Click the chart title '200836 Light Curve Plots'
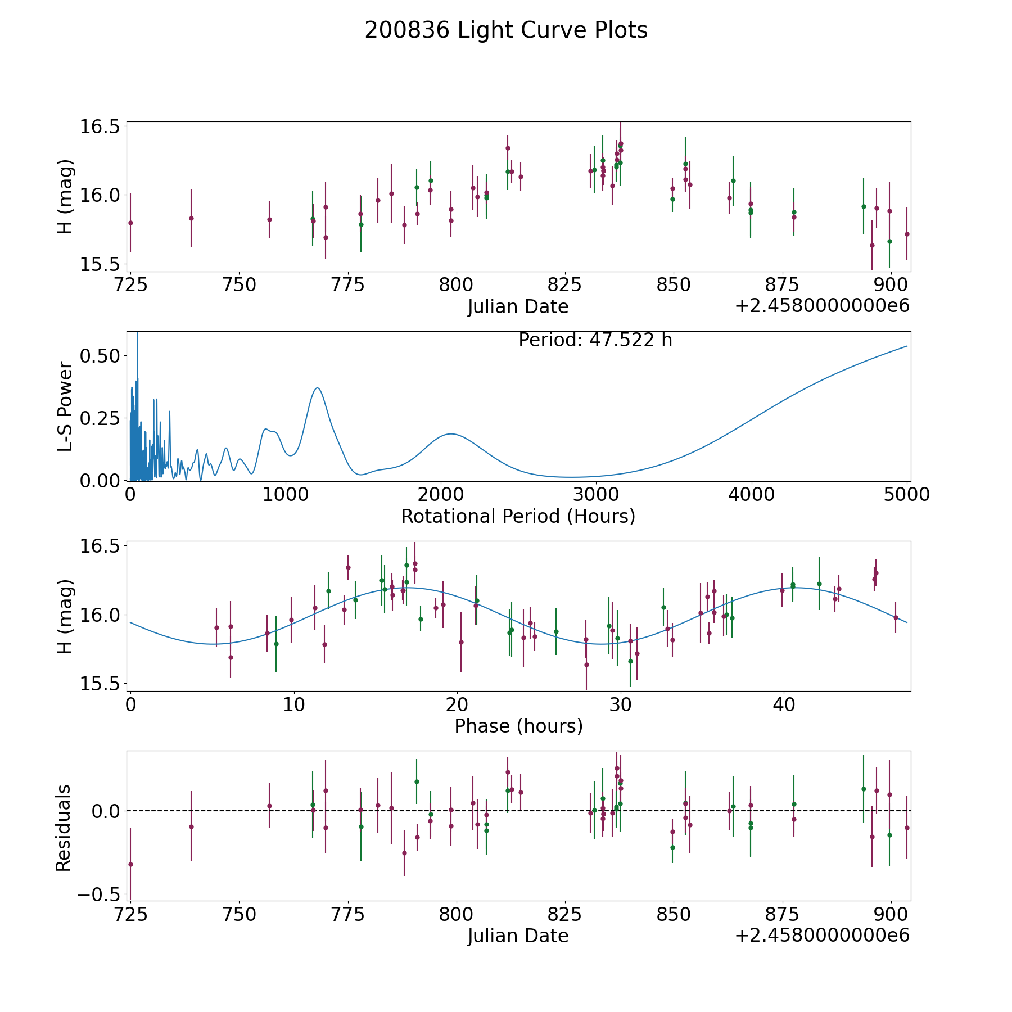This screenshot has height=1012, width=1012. click(506, 30)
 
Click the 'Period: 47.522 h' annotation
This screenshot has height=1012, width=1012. click(595, 340)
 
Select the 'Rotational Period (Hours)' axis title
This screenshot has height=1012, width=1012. click(518, 516)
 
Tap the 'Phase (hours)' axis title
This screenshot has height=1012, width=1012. click(518, 726)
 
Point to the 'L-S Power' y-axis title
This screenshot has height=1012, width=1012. click(65, 406)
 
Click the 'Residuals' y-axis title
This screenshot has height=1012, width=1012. click(64, 828)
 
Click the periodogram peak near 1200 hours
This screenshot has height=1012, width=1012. click(318, 388)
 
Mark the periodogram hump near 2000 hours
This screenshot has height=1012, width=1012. click(451, 434)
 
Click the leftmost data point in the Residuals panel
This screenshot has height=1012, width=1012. click(130, 864)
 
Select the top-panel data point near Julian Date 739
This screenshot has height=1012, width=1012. click(191, 218)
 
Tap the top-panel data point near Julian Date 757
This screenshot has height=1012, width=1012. click(269, 219)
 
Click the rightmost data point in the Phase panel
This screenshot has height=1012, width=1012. click(896, 617)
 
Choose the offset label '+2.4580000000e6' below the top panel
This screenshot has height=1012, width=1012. click(823, 306)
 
